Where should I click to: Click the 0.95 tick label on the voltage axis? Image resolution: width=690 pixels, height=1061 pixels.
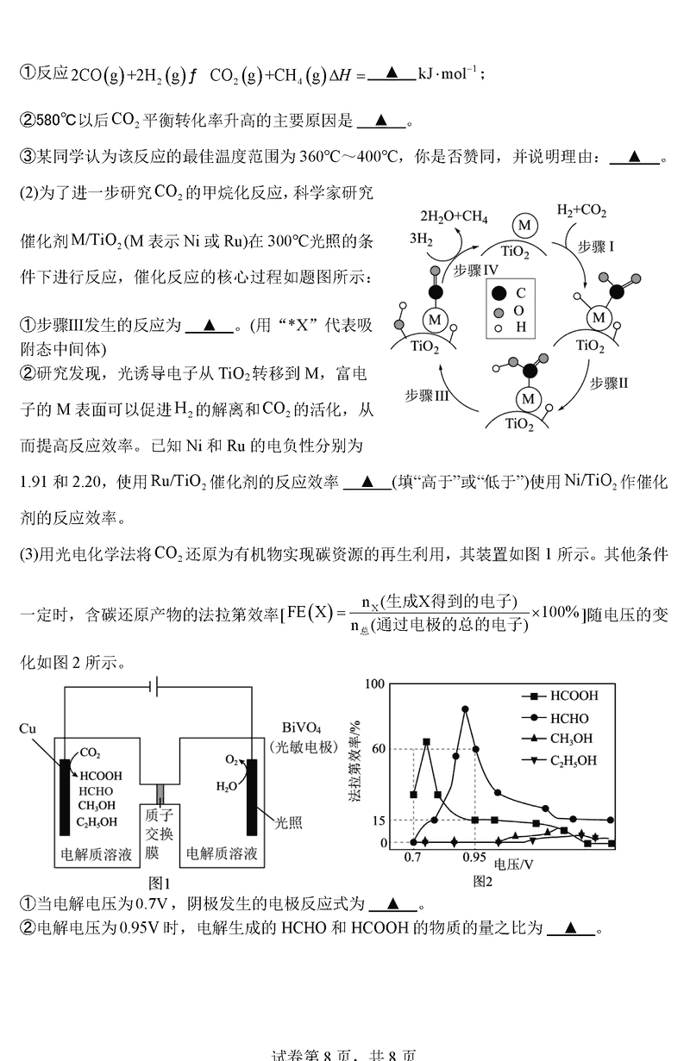[474, 858]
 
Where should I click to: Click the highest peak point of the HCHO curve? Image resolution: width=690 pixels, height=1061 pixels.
[466, 708]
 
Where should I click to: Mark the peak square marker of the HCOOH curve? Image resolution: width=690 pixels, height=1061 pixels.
[426, 741]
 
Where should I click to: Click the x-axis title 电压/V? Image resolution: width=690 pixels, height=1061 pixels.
[513, 863]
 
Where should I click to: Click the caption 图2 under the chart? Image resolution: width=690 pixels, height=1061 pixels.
[482, 881]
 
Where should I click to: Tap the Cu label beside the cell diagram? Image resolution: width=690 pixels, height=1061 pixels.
[28, 728]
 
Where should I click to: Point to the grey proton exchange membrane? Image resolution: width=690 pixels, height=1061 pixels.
[159, 791]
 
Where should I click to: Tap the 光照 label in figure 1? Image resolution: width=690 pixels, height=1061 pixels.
[289, 822]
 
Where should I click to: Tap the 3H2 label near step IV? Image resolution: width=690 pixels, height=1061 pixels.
[421, 240]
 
